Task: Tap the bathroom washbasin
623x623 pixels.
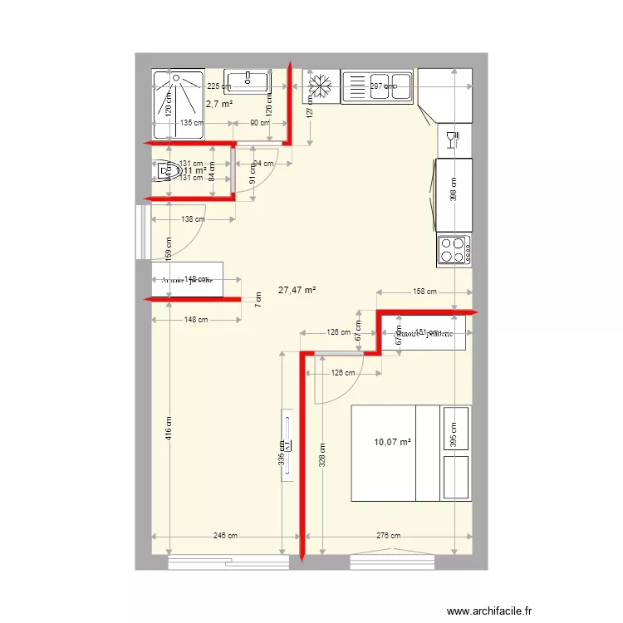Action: coord(248,81)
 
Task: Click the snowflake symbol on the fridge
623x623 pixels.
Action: coord(321,86)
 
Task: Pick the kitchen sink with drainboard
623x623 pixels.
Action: coord(377,86)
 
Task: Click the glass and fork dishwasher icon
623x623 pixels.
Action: coord(453,139)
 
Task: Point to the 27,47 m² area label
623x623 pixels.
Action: coord(298,290)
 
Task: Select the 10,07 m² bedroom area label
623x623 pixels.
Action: coord(394,442)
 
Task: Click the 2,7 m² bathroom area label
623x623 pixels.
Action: coord(219,105)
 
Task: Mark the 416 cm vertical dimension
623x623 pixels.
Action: coord(169,429)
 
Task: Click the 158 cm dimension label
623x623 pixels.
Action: coord(425,292)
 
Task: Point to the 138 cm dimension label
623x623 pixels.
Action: coord(191,219)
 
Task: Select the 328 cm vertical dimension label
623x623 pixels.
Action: coord(323,453)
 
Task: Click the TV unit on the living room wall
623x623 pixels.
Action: coord(287,444)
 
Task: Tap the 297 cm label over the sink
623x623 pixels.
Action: coord(383,86)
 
